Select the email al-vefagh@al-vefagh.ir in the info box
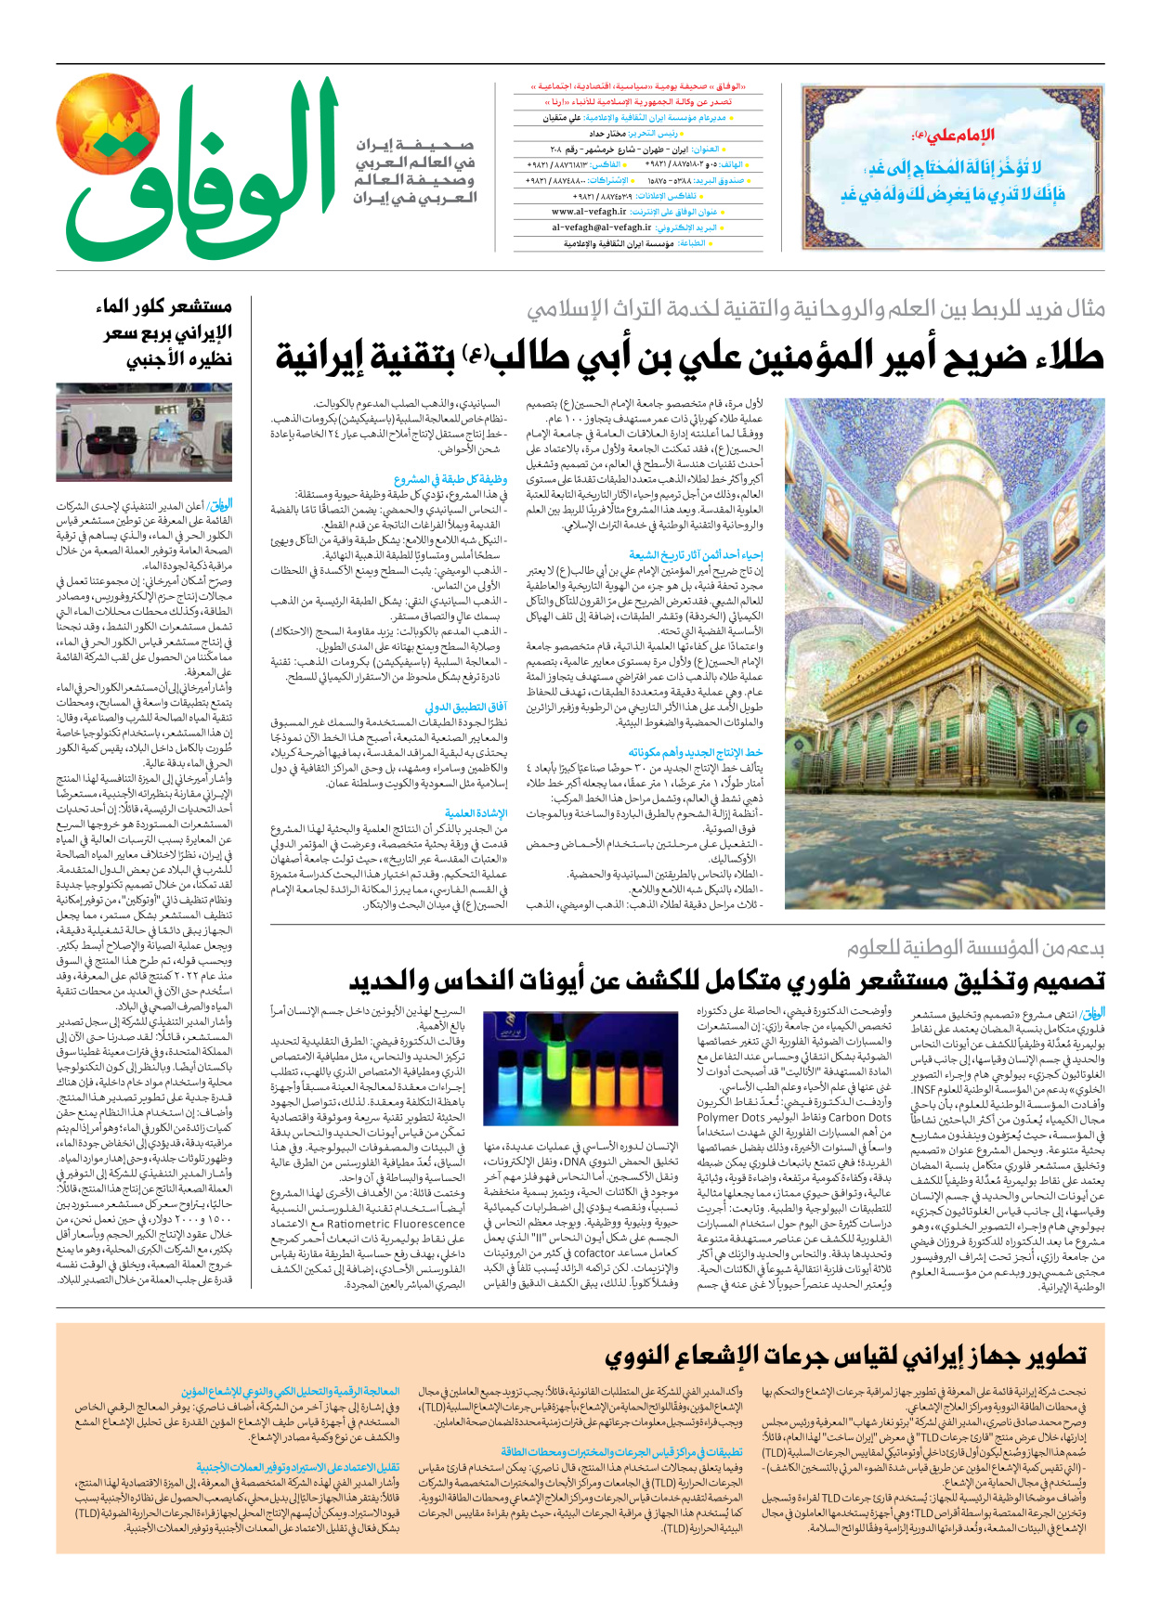click(x=602, y=227)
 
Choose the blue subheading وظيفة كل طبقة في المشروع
click(x=450, y=480)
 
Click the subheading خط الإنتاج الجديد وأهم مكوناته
click(x=696, y=752)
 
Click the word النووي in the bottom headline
click(x=649, y=1356)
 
